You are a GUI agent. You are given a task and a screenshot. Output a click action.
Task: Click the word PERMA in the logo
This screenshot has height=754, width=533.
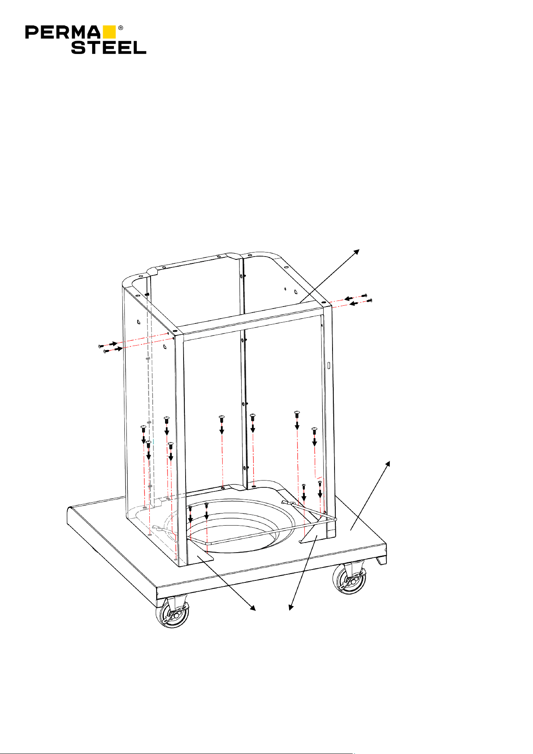coord(63,32)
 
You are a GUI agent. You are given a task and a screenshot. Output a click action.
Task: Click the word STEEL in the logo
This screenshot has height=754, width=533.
coord(109,47)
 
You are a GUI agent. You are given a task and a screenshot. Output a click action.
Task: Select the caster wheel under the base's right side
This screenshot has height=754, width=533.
coord(349,579)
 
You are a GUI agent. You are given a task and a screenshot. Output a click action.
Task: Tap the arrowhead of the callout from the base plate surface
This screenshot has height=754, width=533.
coord(388,464)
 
